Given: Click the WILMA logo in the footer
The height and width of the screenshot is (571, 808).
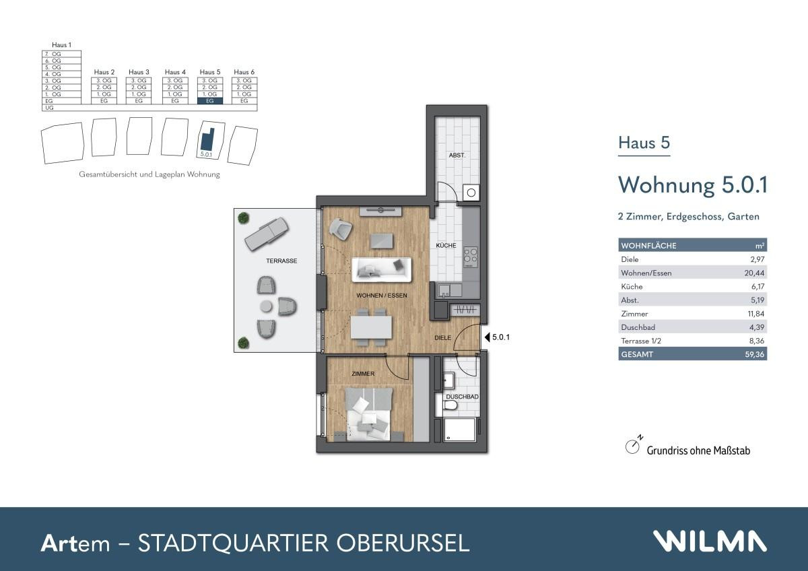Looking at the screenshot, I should coord(709,541).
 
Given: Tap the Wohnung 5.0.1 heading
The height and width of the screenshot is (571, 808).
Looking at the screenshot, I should coord(693,184).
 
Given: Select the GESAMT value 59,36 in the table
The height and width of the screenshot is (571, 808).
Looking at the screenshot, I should coord(754,354).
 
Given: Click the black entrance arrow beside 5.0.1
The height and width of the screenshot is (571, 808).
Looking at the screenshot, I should coord(487,337).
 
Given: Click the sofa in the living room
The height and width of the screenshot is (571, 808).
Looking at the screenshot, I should coord(381,269).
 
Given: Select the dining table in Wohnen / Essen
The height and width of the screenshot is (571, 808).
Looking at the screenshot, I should coord(371,328).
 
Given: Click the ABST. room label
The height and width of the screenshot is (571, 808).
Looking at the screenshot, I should coord(457,155).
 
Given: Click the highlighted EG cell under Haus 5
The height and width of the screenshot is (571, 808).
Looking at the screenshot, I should coord(210,101).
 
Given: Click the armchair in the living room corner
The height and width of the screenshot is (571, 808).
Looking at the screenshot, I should coord(341,229).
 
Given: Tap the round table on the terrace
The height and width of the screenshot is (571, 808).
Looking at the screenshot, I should coord(267,307).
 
